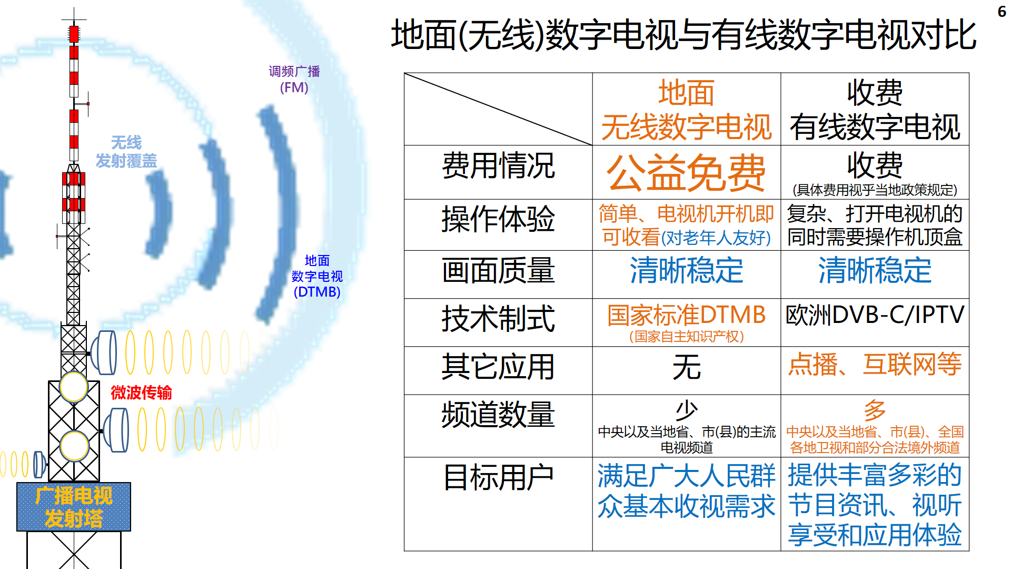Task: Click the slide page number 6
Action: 1002,11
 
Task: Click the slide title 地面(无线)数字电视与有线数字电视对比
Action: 683,35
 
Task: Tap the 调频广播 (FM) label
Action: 294,79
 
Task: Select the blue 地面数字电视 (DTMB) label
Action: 317,276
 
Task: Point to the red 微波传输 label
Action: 141,393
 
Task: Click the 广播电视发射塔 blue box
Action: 74,507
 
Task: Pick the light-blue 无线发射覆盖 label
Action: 126,151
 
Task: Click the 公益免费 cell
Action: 686,172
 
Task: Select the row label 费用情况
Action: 498,165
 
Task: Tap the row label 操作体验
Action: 498,219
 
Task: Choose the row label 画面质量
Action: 498,270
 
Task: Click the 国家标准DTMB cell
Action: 686,322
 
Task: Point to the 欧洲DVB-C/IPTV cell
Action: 875,315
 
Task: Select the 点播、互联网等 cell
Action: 875,364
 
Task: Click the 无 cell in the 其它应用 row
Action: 686,367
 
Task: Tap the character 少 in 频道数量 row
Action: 687,409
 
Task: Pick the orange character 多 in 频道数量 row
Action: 875,409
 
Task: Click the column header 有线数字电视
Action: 875,126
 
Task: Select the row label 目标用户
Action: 498,477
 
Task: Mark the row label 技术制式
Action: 498,319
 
